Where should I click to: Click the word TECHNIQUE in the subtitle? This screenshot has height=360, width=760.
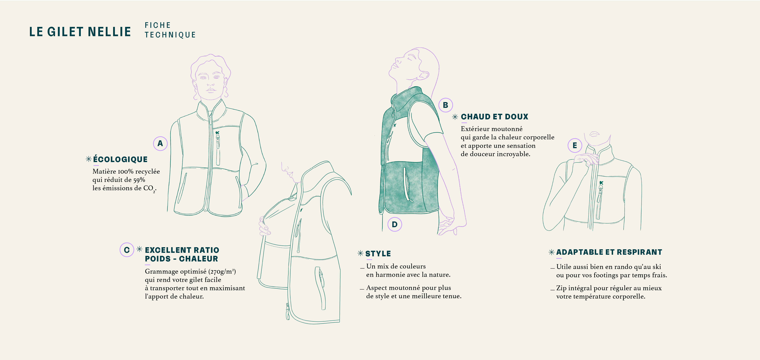click(170, 35)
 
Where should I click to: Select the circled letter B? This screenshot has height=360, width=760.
click(445, 105)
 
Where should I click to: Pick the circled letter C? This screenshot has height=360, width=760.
click(127, 250)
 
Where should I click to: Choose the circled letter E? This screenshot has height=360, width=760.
click(575, 145)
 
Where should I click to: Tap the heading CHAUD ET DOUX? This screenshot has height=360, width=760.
click(494, 117)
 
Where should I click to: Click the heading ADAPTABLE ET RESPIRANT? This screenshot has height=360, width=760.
click(609, 252)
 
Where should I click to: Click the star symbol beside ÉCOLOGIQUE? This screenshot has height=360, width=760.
click(88, 159)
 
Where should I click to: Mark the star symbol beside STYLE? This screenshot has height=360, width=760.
click(360, 253)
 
